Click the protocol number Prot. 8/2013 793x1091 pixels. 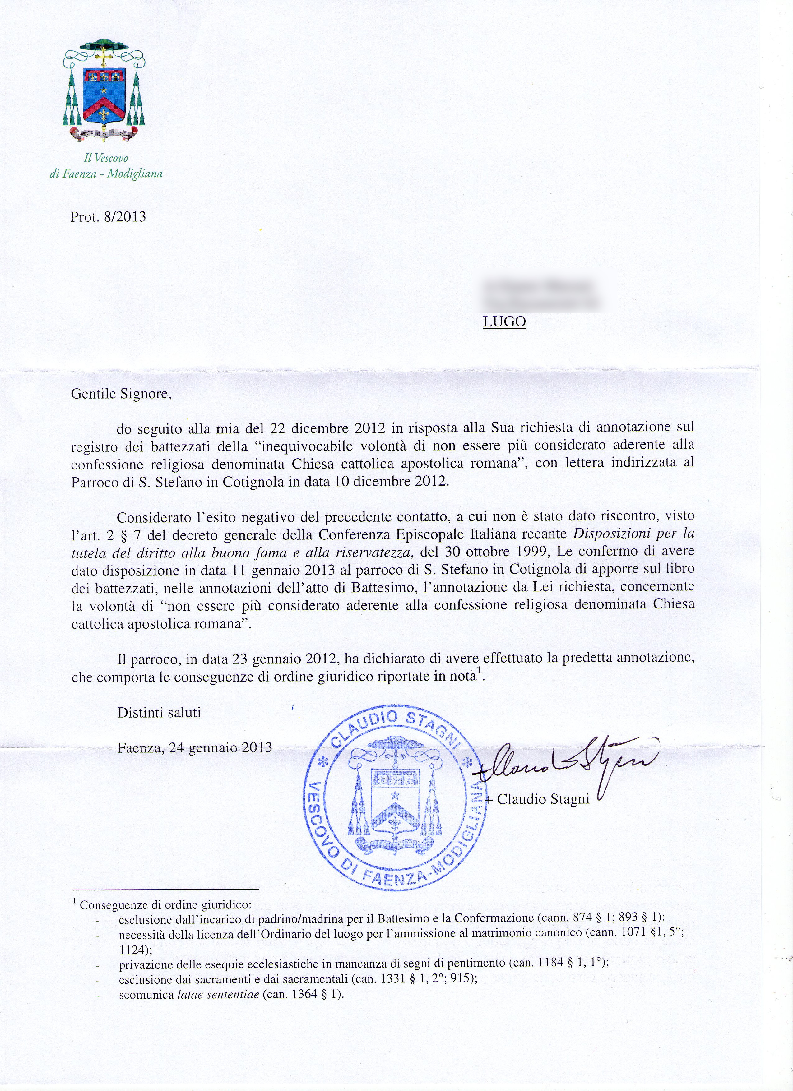click(x=108, y=217)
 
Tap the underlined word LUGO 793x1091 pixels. click(x=504, y=322)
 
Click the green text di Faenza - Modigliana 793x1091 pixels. click(x=106, y=174)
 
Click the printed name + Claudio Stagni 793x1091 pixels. click(x=537, y=799)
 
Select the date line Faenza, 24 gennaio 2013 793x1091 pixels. click(x=195, y=747)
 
